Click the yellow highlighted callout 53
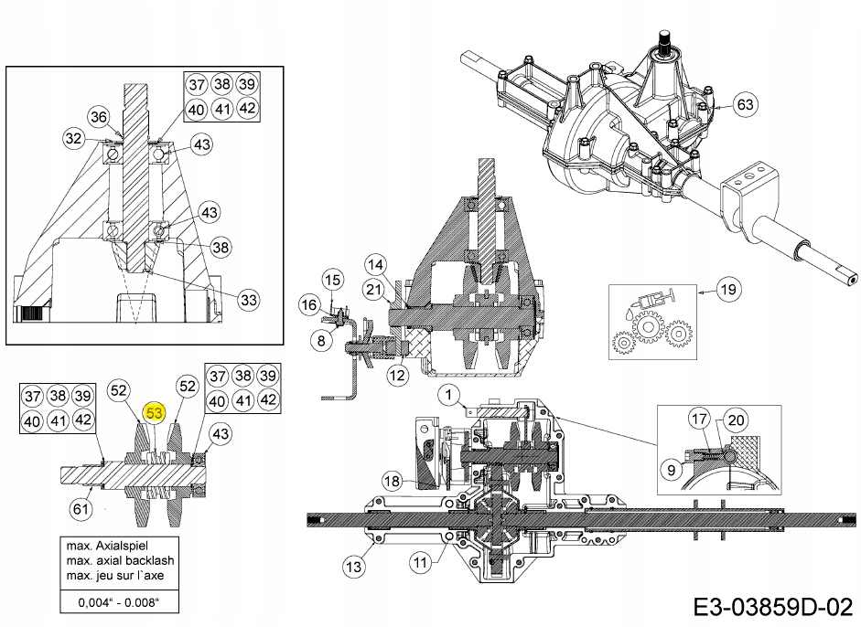coord(155,413)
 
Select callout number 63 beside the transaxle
coord(745,105)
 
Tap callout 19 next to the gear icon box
coord(727,291)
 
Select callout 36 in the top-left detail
coord(99,116)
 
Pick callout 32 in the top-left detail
coord(73,139)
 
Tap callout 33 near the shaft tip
coord(249,299)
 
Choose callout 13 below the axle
coord(419,564)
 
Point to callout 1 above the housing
coord(448,395)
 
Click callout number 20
coord(736,420)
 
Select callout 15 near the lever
coord(332,279)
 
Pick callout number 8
coord(320,341)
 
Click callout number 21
coord(372,290)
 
